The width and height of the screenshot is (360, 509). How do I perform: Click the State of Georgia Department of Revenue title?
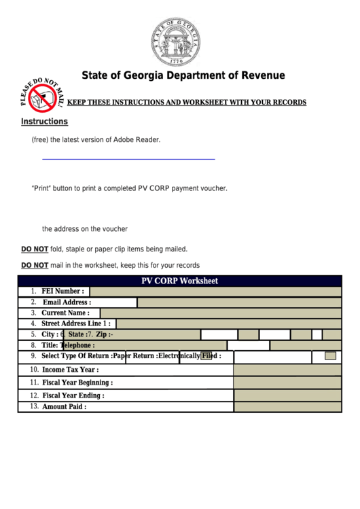tap(183, 75)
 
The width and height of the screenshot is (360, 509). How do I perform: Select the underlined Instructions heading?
tap(44, 122)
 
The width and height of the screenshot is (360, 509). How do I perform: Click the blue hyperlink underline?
tap(128, 158)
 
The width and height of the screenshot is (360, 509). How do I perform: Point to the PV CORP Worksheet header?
tap(179, 281)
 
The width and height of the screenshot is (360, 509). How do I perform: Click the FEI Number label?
tap(62, 292)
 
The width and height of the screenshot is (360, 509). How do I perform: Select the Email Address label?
tap(67, 302)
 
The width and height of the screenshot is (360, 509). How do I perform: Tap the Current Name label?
tap(65, 313)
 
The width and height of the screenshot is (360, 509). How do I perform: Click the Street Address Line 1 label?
tap(75, 324)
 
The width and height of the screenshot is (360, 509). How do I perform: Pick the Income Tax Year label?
tap(70, 370)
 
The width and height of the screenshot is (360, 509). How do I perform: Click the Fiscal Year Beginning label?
tap(77, 383)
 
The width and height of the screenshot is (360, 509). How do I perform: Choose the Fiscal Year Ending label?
tap(73, 396)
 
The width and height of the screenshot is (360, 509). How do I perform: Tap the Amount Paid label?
tap(64, 407)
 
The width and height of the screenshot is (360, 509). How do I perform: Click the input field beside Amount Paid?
tap(287, 407)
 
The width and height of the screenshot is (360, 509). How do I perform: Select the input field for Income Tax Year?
tap(287, 370)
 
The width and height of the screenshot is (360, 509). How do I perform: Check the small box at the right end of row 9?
tap(330, 355)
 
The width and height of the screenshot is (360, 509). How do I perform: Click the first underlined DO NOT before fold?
tap(35, 249)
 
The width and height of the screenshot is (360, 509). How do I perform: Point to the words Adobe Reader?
tap(139, 139)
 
